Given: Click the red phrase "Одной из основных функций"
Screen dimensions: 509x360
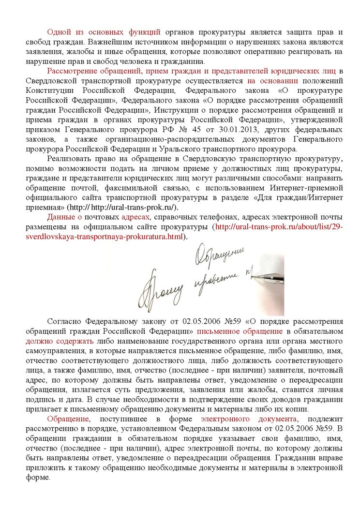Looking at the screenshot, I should click(104, 32).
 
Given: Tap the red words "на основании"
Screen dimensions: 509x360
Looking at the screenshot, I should click(272, 81).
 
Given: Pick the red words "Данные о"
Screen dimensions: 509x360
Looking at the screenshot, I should click(64, 217).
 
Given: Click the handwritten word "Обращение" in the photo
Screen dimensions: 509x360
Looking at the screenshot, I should click(220, 254).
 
